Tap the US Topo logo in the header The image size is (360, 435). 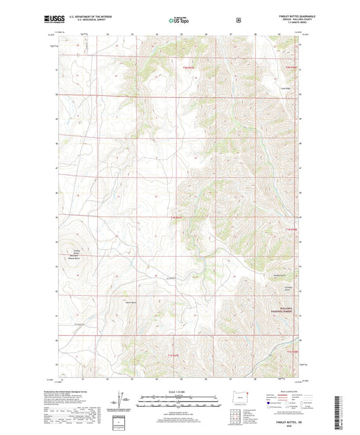pyautogui.click(x=179, y=20)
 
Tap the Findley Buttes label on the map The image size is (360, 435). pyautogui.click(x=76, y=255)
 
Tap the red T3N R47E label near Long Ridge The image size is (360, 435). pyautogui.click(x=291, y=68)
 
